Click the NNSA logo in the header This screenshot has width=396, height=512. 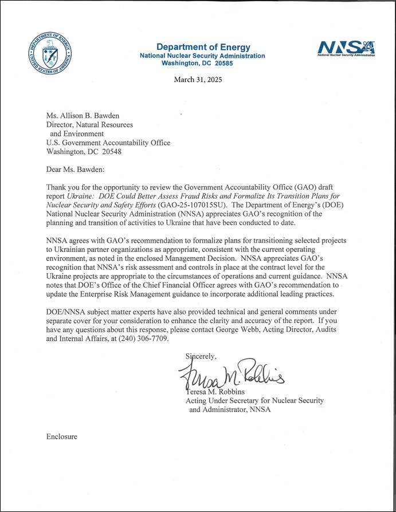tap(347, 48)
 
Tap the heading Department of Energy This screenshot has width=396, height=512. tap(202, 46)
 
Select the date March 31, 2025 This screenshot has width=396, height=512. tap(198, 80)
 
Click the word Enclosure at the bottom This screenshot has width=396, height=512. tap(61, 436)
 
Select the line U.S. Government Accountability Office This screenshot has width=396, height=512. tap(108, 143)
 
